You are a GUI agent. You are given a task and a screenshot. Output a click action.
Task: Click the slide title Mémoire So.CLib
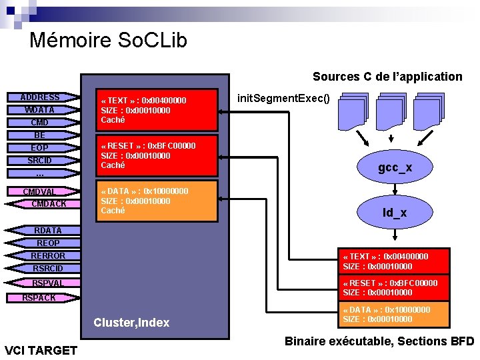[108, 40]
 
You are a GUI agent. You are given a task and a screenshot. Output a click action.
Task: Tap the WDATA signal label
[40, 110]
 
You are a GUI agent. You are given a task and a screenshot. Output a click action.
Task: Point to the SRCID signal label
[40, 161]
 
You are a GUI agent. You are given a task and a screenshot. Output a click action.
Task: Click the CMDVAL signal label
[40, 192]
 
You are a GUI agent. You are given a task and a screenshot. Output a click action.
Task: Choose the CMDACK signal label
[49, 204]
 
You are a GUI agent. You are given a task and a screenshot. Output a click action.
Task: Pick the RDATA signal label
[48, 231]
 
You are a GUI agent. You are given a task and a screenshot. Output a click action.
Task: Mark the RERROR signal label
[48, 256]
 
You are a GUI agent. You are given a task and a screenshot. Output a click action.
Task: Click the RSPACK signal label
[39, 298]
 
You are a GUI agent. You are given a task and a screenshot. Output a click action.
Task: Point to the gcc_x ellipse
[395, 168]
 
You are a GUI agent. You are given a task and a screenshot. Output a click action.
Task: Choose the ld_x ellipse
[395, 213]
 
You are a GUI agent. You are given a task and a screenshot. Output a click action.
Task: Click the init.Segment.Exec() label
[283, 99]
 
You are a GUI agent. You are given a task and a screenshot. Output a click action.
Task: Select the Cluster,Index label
[131, 323]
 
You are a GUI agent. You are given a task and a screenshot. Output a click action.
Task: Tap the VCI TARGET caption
[41, 350]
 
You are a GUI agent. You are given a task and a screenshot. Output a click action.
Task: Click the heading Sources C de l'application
[387, 77]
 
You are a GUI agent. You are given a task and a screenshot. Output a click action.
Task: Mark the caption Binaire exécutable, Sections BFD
[379, 341]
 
